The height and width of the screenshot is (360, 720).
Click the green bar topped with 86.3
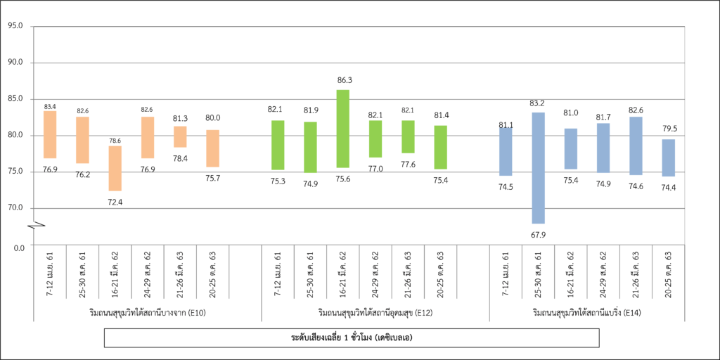tap(342, 129)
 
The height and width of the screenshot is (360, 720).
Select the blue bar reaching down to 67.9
tap(538, 167)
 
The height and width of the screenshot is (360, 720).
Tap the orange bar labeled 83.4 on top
tap(50, 134)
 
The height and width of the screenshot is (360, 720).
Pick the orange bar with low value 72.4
tap(115, 168)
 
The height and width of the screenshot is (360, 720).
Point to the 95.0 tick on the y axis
tap(15, 26)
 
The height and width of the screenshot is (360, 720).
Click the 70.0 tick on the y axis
tap(15, 207)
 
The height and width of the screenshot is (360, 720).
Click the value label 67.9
tap(538, 235)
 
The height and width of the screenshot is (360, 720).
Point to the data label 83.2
tap(538, 103)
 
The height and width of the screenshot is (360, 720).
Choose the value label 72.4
tap(115, 202)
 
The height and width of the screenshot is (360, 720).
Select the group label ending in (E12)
tap(375, 311)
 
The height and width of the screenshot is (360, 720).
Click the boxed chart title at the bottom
tap(352, 338)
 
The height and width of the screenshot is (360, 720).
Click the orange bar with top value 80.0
tap(212, 148)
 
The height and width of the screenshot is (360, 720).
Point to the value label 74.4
tap(668, 188)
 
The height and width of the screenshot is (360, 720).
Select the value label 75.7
tap(212, 178)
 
